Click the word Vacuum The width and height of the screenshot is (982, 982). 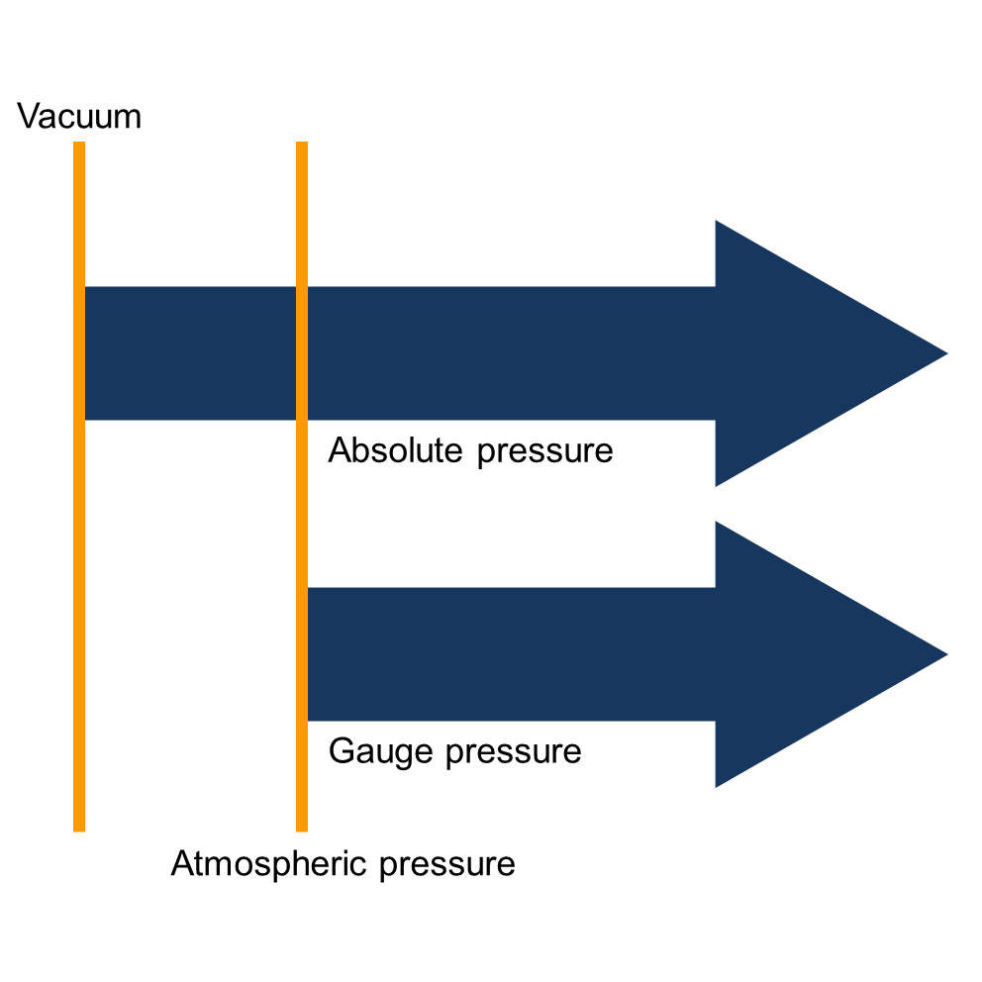79,117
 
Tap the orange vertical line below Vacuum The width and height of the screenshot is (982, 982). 79,594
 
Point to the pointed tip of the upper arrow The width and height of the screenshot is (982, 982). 944,353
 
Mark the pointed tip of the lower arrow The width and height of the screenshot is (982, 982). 944,654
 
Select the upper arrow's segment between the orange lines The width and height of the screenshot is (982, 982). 190,353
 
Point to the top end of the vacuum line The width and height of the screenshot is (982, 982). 79,145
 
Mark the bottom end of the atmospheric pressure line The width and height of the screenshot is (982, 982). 302,828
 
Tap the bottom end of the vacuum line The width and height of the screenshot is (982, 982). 79,828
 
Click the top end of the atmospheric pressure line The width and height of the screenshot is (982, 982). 302,145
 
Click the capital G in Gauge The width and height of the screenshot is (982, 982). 340,751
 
